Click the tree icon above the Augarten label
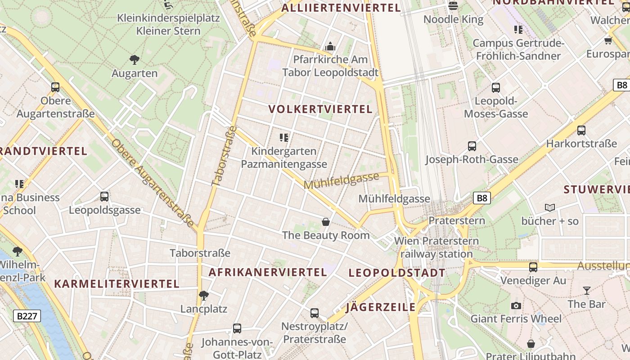click(x=134, y=59)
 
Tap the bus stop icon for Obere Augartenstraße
click(x=55, y=87)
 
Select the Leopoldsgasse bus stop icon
click(x=104, y=197)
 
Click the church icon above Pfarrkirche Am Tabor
click(x=330, y=46)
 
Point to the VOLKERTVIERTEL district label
click(x=320, y=109)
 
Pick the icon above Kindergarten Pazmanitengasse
click(x=284, y=137)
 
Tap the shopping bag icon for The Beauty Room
click(x=326, y=222)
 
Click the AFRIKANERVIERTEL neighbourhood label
click(x=268, y=272)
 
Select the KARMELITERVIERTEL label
click(x=117, y=284)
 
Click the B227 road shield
click(x=27, y=316)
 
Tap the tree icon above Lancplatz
click(x=204, y=296)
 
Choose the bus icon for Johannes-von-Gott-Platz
click(x=237, y=328)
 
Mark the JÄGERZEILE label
click(x=381, y=307)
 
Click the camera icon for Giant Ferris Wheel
click(x=516, y=306)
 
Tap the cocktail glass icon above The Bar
click(x=586, y=291)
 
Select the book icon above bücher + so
click(x=550, y=207)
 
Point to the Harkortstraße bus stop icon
click(x=581, y=130)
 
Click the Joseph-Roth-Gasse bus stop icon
click(x=472, y=146)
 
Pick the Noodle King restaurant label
click(x=454, y=19)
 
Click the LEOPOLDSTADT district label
click(x=397, y=273)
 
